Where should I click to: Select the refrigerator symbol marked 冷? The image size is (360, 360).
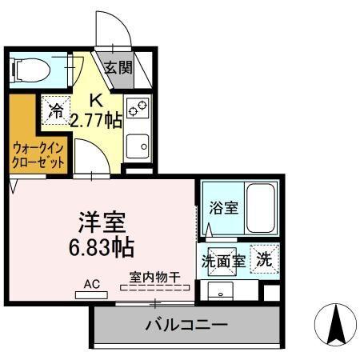[57, 111]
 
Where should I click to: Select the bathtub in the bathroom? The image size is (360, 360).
[260, 206]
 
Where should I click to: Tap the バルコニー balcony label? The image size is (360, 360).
[186, 326]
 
